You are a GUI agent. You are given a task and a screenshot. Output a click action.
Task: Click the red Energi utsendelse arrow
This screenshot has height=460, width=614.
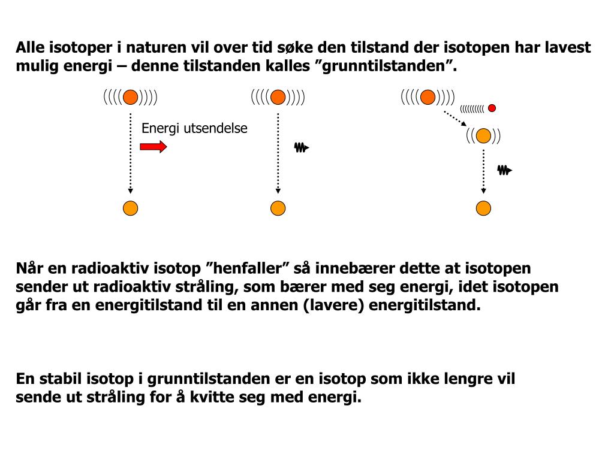coord(153,147)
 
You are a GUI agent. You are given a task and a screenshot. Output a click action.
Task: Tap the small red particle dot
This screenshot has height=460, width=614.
coord(492,108)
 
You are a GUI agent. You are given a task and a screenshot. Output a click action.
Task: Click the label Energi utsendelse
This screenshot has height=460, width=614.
coord(194,129)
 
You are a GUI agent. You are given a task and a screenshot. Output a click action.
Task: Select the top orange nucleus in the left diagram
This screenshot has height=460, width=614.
coord(130,97)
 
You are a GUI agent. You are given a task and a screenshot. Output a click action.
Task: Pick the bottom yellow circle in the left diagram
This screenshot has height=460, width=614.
coord(130,208)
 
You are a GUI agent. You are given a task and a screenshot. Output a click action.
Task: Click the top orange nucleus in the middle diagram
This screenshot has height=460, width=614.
coord(278,97)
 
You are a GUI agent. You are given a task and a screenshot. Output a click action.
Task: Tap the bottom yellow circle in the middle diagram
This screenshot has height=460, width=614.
coord(278,208)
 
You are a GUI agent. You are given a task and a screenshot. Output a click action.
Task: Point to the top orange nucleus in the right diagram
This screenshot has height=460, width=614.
coord(428,97)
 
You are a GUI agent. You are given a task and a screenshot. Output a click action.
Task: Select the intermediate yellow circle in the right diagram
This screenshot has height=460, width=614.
coord(483,136)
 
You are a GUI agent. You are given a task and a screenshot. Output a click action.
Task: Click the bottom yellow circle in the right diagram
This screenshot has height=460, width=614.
coord(483,208)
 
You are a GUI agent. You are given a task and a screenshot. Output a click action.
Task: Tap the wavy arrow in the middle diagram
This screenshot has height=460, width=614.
coord(301,147)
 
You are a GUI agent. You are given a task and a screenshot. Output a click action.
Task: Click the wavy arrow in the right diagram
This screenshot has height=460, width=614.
coord(504,170)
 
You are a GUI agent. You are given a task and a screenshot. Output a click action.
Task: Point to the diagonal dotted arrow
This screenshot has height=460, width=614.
coord(455,118)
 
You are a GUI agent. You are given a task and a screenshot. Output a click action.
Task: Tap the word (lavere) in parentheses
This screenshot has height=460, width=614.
coord(334,305)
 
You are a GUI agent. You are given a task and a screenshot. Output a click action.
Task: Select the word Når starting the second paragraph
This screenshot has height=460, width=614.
coord(28,268)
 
